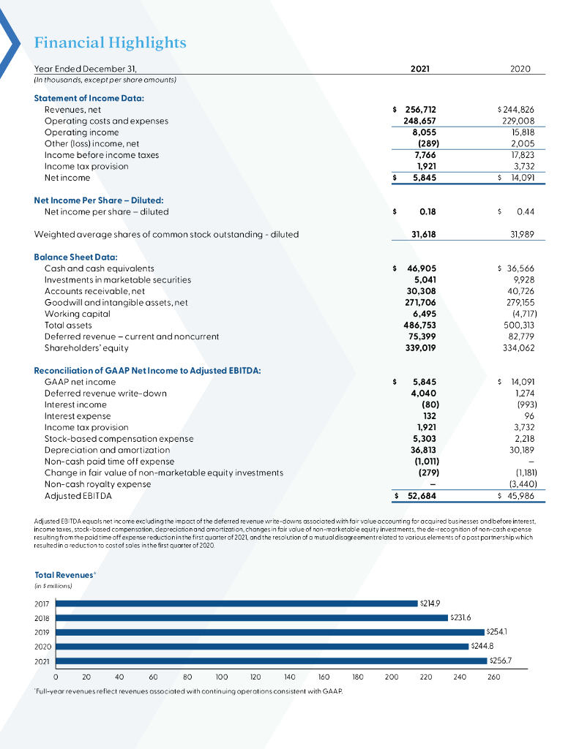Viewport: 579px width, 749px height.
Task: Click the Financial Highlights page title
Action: (110, 43)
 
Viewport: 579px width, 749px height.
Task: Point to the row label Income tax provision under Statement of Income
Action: (86, 166)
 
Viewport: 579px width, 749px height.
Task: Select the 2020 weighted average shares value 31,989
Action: (520, 234)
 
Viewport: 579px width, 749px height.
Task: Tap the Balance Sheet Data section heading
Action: (72, 257)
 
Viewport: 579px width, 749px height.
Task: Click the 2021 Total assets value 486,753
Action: (420, 325)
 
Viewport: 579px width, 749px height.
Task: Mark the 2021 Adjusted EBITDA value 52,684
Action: (422, 496)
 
